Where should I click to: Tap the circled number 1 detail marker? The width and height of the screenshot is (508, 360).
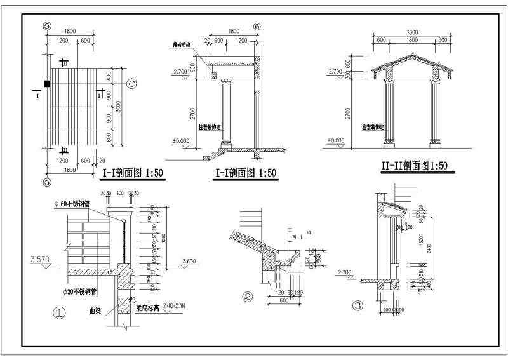coord(58,313)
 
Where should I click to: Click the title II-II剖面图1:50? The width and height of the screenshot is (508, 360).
coord(414,166)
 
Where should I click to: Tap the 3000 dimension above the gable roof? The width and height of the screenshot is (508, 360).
coord(411,31)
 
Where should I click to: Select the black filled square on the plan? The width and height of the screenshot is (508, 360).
coord(46,83)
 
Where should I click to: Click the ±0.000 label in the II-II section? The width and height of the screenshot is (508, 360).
coord(335,140)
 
